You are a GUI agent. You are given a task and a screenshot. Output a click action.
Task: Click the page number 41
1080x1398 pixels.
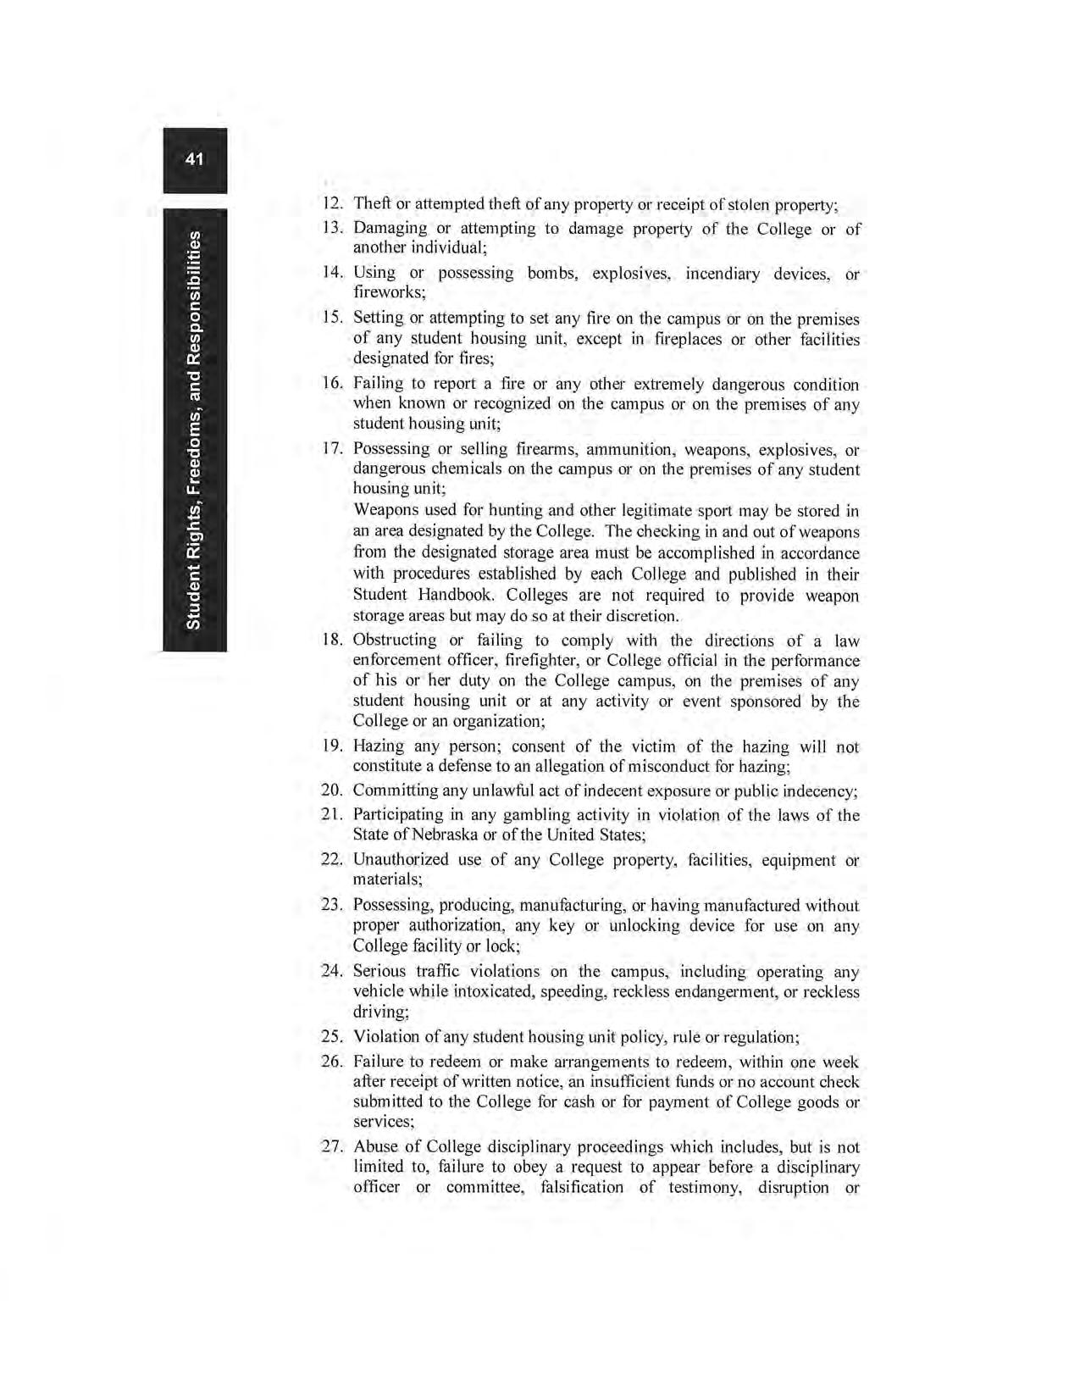[x=195, y=158]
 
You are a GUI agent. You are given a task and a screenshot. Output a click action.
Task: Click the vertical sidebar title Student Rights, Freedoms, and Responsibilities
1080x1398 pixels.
[x=195, y=430]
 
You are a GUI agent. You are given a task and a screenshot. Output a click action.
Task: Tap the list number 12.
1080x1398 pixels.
[x=333, y=205]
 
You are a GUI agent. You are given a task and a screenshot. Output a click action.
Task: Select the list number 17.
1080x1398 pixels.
[x=333, y=449]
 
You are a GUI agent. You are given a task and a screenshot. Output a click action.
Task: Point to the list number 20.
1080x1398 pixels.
[x=332, y=791]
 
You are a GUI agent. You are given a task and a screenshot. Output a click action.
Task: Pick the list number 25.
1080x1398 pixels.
[x=332, y=1037]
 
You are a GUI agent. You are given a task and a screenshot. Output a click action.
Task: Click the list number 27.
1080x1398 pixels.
[x=332, y=1148]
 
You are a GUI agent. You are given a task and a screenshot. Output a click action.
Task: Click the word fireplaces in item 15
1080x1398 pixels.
[x=692, y=339]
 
